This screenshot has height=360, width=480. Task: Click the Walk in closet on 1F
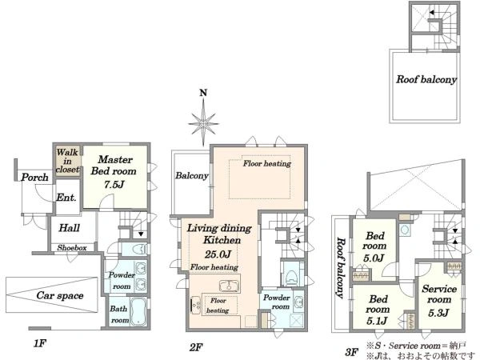(68, 161)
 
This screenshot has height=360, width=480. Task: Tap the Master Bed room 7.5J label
(114, 172)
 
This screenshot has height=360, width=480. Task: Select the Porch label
(34, 177)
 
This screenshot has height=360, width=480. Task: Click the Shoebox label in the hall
(72, 248)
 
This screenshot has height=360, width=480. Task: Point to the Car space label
(60, 295)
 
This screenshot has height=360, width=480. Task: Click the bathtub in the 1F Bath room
(138, 312)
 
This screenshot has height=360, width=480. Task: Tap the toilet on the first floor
(138, 249)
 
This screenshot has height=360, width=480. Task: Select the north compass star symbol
(203, 123)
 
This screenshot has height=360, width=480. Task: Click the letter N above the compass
(203, 93)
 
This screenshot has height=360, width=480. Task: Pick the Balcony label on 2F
(192, 175)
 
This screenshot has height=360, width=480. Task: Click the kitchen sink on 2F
(230, 286)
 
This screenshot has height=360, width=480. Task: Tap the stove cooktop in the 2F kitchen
(195, 305)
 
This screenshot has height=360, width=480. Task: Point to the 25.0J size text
(218, 254)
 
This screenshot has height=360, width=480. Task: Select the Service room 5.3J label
(439, 300)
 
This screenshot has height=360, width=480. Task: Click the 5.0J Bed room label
(374, 246)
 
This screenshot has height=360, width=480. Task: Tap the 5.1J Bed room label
(378, 310)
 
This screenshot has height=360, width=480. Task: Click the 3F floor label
(352, 352)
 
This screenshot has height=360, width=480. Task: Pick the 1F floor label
(39, 343)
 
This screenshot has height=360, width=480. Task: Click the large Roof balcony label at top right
(426, 79)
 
